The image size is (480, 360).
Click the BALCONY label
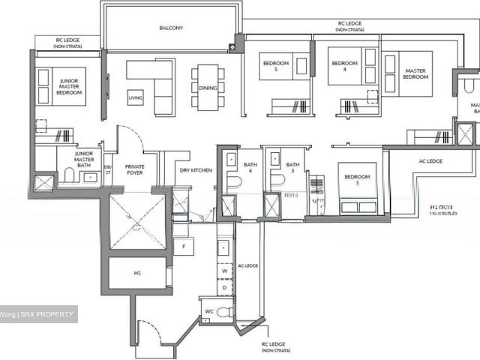pos(171,28)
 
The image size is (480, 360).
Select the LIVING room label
pos(135,97)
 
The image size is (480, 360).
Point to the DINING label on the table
pos(208,86)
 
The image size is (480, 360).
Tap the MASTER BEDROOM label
pos(415,75)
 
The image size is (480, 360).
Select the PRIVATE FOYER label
pos(134,169)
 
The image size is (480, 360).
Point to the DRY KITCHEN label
pos(196,171)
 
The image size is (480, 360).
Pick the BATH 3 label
pos(292,168)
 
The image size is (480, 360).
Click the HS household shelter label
pos(137,273)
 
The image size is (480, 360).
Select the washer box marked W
pos(223,271)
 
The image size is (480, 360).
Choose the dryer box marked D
pos(223,286)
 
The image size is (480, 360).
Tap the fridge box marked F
pos(184,245)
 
